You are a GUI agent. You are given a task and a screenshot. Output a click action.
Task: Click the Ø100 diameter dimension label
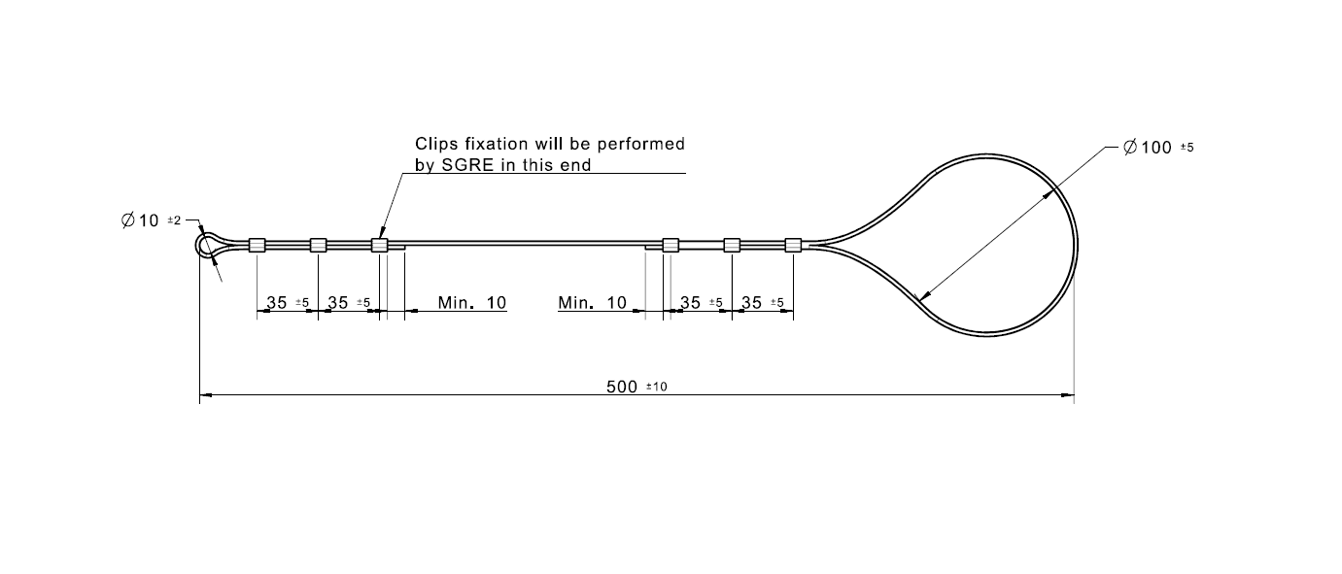tap(1146, 148)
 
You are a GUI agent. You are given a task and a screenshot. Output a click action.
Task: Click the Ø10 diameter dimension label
tap(141, 221)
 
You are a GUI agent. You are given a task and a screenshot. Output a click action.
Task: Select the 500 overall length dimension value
tap(621, 387)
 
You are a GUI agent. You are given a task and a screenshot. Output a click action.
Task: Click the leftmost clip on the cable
tap(258, 245)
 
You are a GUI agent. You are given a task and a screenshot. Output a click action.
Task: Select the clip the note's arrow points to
tap(380, 245)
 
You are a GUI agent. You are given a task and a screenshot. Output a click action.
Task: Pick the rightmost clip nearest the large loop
tap(793, 245)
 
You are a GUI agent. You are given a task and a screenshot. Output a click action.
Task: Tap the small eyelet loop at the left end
tap(207, 243)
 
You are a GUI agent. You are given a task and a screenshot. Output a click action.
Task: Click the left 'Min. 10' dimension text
tap(471, 303)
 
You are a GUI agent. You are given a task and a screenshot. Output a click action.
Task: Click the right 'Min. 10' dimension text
tap(592, 303)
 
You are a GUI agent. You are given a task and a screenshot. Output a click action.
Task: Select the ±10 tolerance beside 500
tap(657, 388)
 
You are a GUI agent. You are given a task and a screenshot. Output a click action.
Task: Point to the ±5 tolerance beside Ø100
tap(1187, 148)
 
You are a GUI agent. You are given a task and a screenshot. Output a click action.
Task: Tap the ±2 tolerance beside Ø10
tap(175, 221)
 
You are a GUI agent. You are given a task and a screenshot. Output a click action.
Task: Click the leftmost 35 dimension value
tap(277, 303)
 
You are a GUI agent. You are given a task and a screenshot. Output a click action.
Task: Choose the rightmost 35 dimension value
tap(751, 303)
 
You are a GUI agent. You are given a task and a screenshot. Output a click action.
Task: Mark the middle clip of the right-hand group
tap(732, 245)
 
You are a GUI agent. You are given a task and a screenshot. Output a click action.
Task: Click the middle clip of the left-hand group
tap(318, 245)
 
